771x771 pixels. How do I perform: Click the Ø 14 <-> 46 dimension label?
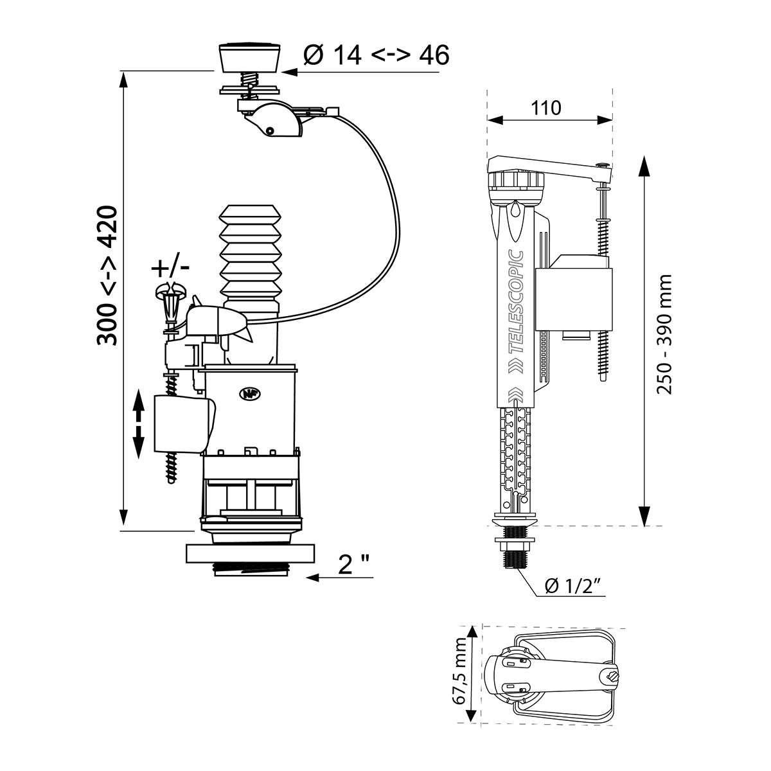tap(375, 56)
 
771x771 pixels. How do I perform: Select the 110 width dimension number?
tap(546, 107)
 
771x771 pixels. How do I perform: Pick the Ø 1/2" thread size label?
tap(572, 585)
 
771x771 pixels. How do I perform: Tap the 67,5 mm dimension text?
tap(460, 680)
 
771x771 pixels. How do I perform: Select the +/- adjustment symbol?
tap(170, 266)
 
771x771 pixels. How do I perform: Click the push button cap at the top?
tap(251, 57)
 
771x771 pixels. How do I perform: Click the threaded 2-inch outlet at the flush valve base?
tap(251, 569)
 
